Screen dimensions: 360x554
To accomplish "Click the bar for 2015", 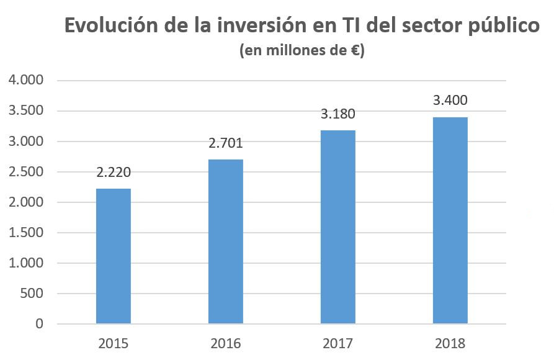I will pos(114,256).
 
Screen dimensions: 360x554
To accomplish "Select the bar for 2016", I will pos(226,241).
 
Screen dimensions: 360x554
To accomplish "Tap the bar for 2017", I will pos(338,227).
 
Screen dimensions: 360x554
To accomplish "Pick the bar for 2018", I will pos(450,220).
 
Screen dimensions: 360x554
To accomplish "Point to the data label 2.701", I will pos(226,144).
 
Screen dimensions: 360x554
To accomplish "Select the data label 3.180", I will pos(338,115).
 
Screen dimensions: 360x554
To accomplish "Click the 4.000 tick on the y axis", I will pos(26,81).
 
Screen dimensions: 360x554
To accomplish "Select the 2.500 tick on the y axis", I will pos(26,172).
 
